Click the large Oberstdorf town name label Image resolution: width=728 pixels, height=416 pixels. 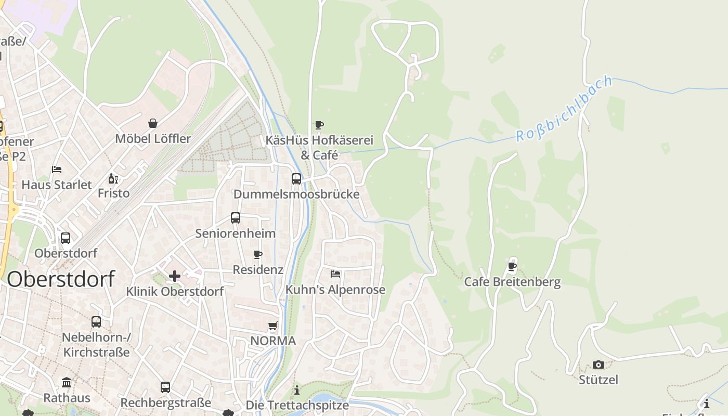[x=61, y=279]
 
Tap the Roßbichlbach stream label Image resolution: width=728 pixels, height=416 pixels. [x=564, y=110]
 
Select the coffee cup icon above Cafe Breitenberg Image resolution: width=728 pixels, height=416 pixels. [x=512, y=267]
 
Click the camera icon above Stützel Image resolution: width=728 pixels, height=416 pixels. [x=599, y=365]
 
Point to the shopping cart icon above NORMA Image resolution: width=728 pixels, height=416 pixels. [x=273, y=326]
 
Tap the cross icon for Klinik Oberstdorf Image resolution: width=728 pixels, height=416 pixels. [x=175, y=276]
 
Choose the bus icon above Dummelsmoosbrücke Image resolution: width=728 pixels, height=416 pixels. [x=296, y=179]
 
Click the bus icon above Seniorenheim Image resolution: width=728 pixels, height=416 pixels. [x=236, y=218]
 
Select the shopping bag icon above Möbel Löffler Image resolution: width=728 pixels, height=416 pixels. [x=153, y=123]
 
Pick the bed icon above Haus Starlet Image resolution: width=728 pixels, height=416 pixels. [x=57, y=170]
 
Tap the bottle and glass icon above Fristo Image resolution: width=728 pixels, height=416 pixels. [x=113, y=178]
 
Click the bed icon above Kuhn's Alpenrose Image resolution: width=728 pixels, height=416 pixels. [x=335, y=274]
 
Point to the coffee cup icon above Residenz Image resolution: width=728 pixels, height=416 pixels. [x=257, y=254]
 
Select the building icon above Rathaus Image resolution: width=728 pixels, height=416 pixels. [x=67, y=383]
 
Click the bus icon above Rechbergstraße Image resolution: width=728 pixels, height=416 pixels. [x=165, y=387]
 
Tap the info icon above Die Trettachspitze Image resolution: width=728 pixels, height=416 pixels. [x=297, y=390]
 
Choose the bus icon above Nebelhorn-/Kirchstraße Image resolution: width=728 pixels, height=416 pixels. [x=96, y=322]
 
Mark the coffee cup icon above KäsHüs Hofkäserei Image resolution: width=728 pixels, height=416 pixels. [x=319, y=125]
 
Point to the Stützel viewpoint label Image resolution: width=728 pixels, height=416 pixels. [x=599, y=380]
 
